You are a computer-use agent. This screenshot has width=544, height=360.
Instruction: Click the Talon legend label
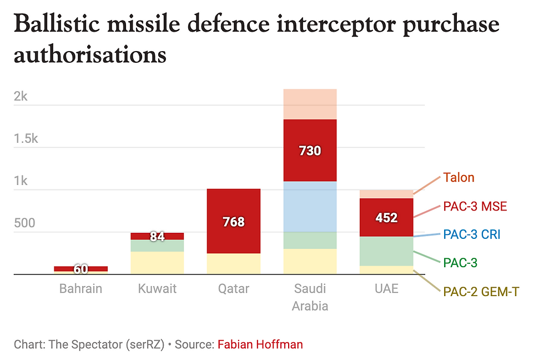coord(459,178)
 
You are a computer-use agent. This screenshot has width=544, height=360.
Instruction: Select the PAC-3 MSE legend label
coord(475,207)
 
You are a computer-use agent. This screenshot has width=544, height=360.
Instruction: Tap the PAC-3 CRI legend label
coord(472,234)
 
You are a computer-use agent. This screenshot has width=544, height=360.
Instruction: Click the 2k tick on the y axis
coord(21,97)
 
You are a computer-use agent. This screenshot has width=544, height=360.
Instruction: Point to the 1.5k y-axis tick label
coord(26,139)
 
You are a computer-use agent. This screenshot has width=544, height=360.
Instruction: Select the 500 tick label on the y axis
coord(24,223)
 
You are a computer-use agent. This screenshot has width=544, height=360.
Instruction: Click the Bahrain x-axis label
coord(81,289)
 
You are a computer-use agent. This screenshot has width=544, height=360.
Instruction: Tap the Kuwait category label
coord(157,289)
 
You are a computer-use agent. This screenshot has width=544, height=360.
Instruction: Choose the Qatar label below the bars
coord(234,289)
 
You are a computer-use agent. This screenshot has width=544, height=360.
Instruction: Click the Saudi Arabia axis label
coord(310,297)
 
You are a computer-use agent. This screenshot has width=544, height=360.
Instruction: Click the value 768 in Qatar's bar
coord(234,222)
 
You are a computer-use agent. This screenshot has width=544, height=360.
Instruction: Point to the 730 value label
coord(310,151)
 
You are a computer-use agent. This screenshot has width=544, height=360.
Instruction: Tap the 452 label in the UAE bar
coord(386,218)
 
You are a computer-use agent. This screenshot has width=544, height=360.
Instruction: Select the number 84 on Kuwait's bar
coord(158,237)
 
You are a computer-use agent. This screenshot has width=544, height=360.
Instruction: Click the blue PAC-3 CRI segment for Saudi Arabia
coord(310,207)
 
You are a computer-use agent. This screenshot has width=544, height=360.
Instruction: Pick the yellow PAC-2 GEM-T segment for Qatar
coord(234,264)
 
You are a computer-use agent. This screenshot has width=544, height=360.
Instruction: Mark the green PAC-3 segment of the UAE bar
coord(386,251)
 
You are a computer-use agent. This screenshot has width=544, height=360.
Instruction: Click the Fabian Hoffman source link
coord(260,344)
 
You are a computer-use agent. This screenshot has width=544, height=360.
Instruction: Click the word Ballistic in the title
coord(53,24)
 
